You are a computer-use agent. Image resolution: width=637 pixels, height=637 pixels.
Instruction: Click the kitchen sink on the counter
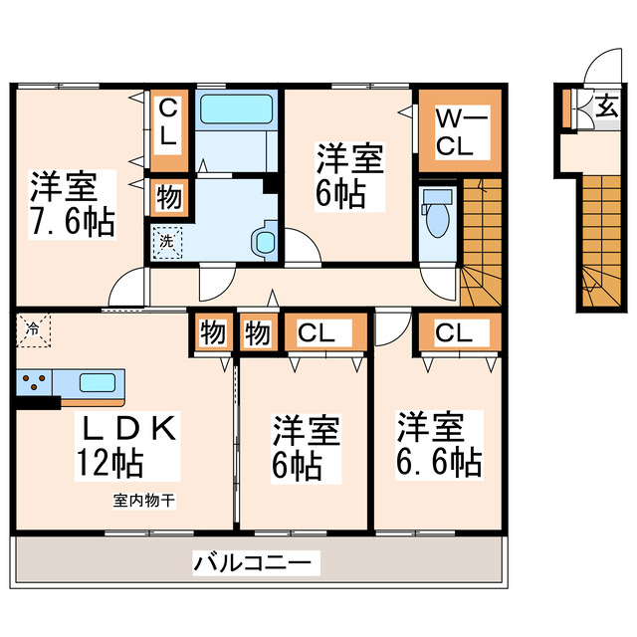(x=96, y=382)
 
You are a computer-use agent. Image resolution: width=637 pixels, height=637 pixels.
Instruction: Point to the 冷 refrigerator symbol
(x=33, y=326)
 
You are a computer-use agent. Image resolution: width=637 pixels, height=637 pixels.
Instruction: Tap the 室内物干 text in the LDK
(x=144, y=501)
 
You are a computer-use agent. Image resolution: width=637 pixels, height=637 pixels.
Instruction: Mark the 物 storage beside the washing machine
(x=167, y=197)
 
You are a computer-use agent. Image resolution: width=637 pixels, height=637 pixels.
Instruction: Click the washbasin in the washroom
(x=264, y=242)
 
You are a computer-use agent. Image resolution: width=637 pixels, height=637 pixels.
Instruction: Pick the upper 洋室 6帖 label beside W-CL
(x=348, y=175)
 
